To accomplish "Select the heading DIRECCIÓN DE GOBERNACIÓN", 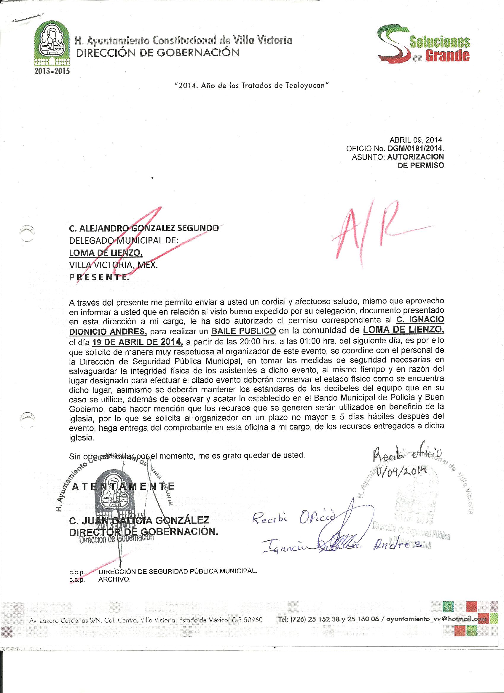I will point(157,53).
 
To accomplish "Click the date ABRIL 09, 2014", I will point(416,140).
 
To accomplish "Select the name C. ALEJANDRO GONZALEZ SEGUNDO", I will point(144,228).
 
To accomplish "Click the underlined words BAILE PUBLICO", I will point(243,331).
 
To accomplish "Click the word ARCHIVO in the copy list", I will point(114,580).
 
